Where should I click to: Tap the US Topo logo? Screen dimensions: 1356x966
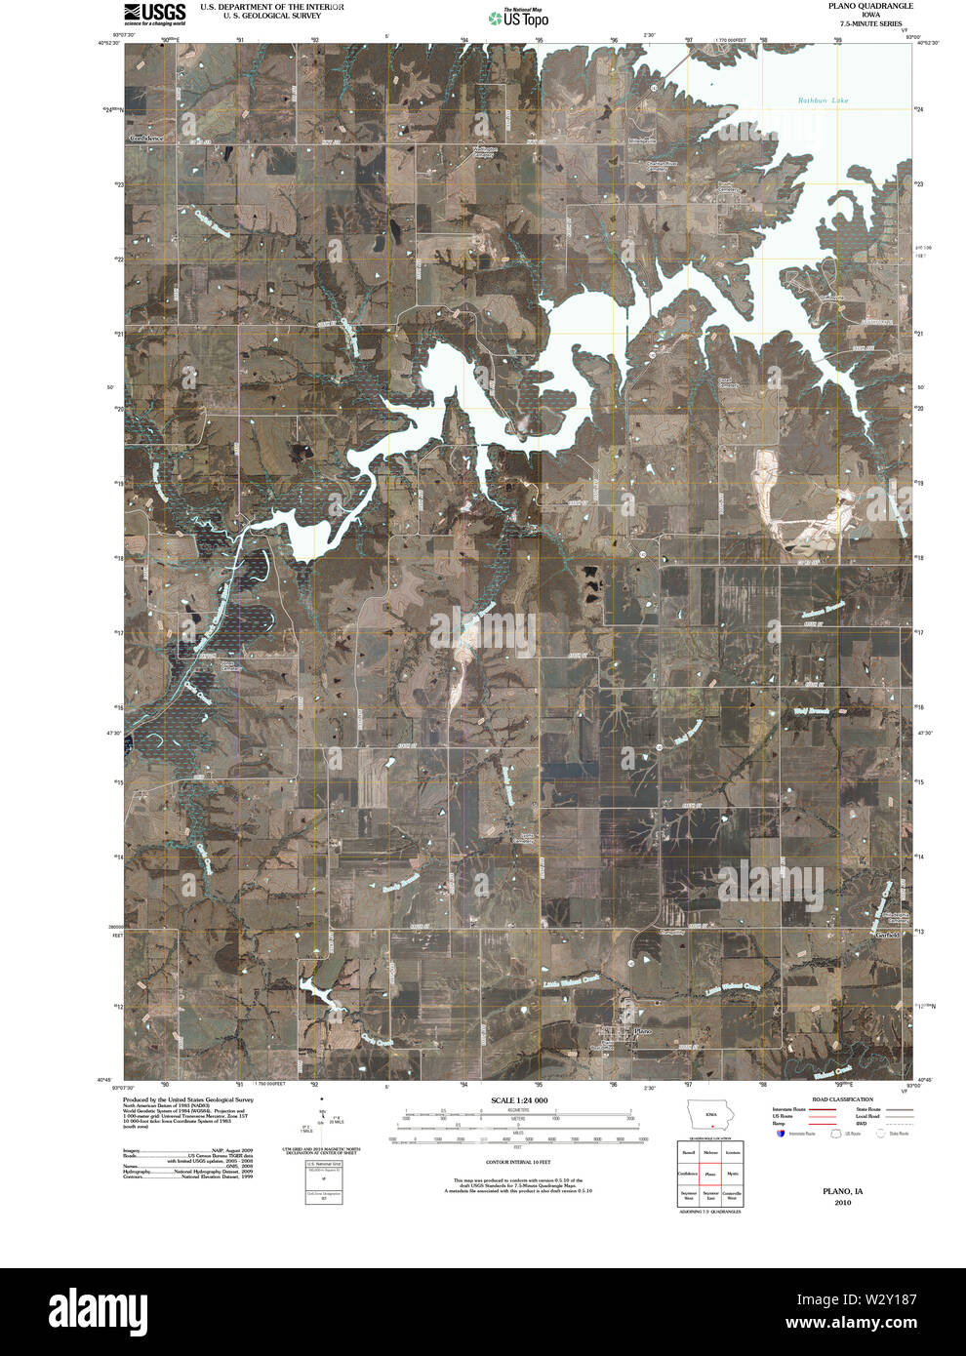[x=518, y=18]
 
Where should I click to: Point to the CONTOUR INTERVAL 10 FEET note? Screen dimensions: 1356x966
[x=518, y=1164]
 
